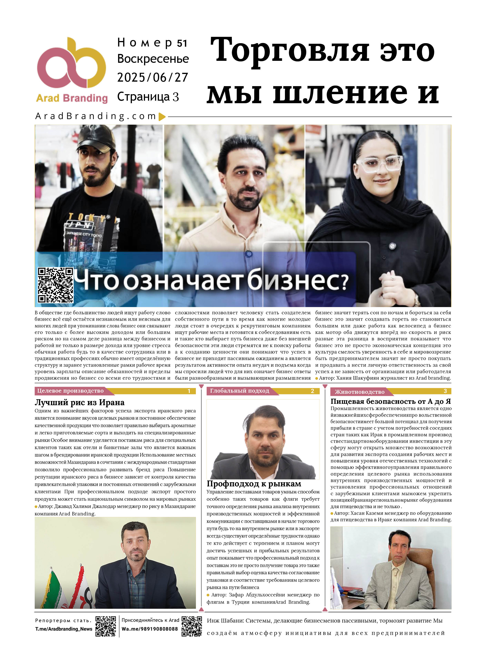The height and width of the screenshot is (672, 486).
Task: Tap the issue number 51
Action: coord(182,44)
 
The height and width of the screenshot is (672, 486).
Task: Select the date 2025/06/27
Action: coord(152,78)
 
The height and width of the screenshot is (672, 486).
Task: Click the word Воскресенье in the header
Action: coord(153,59)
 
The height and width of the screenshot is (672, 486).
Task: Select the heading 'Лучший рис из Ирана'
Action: coord(79,402)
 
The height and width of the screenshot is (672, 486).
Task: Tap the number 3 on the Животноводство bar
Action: coord(445,391)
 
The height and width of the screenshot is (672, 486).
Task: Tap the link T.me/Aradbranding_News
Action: coord(64,629)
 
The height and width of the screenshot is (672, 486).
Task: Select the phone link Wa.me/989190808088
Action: coord(150,629)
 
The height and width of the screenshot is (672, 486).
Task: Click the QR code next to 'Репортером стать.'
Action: coord(105,626)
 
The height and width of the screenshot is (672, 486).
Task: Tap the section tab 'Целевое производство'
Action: coord(70,391)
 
